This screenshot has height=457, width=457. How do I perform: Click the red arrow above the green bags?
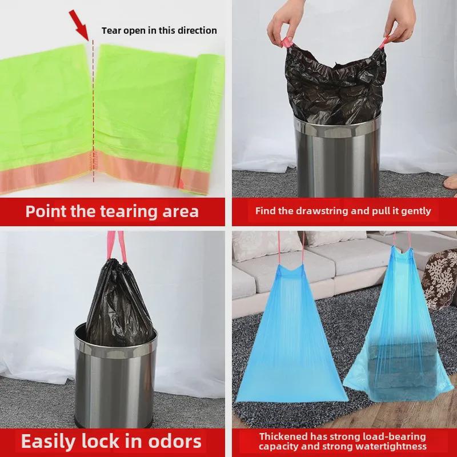[79, 25]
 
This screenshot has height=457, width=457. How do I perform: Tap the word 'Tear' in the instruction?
[111, 30]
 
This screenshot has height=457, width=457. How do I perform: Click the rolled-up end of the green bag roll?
[202, 124]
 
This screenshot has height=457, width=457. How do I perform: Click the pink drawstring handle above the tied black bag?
[115, 246]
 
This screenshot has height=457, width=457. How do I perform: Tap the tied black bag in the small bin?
[119, 304]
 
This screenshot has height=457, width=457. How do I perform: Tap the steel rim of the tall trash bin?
[337, 126]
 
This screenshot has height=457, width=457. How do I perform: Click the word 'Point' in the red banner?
[46, 211]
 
